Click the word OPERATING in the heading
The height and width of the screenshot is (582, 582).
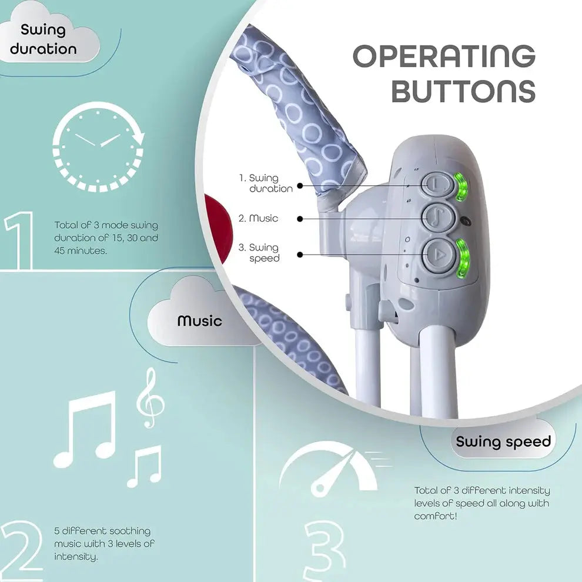(444, 56)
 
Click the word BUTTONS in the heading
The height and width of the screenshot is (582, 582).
(464, 91)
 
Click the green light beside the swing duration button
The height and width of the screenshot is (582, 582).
(461, 187)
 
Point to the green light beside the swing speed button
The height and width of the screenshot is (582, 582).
(463, 259)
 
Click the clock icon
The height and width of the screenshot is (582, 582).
(98, 146)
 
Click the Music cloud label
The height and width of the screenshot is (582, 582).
(200, 321)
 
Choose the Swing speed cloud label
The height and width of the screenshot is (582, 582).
(503, 441)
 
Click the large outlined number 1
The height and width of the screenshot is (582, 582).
(19, 240)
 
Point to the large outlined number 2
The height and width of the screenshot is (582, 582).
(21, 551)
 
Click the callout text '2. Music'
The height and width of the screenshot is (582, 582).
(258, 218)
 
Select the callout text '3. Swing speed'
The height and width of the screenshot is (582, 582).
(259, 253)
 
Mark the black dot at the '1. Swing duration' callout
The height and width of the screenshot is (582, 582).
(300, 185)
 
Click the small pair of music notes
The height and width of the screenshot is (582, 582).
(145, 466)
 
